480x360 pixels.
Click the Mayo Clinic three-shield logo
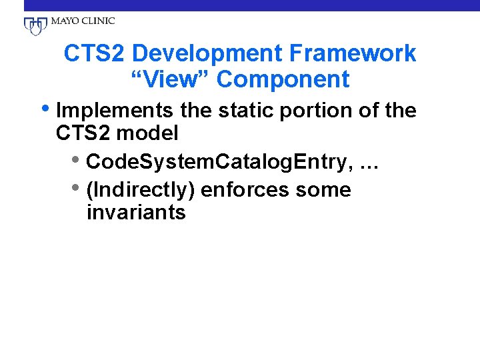[x=35, y=25]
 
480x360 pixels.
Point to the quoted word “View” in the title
[x=170, y=79]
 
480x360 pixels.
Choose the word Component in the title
[x=283, y=79]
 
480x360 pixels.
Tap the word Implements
[x=114, y=110]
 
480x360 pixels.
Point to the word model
[x=149, y=133]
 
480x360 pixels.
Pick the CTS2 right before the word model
[x=85, y=133]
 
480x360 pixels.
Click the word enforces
[x=244, y=190]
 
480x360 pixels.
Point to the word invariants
[x=136, y=213]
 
